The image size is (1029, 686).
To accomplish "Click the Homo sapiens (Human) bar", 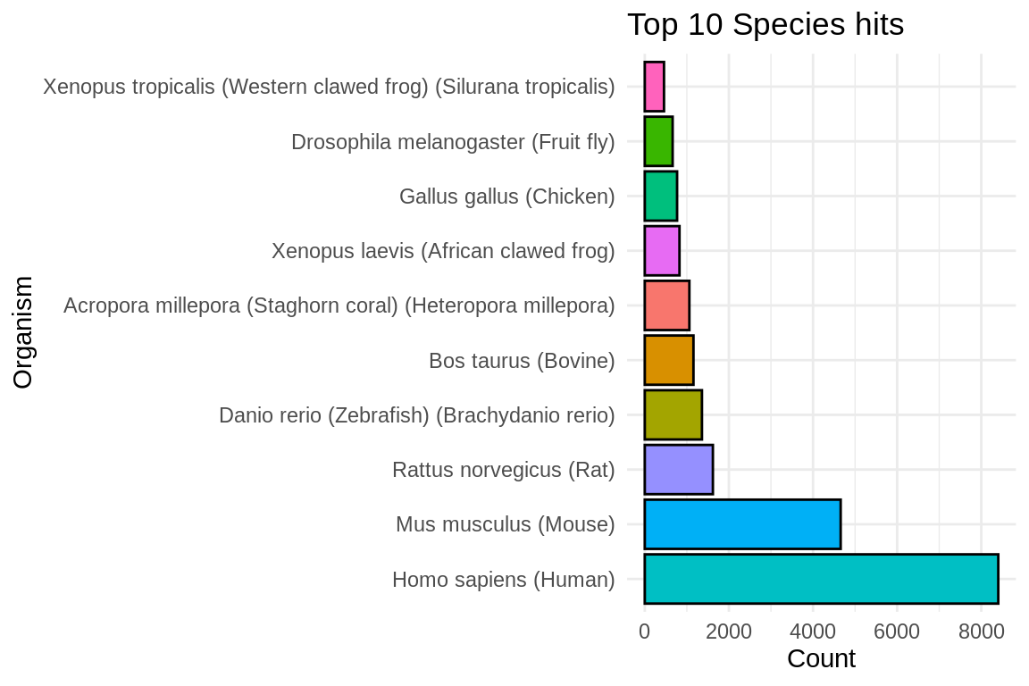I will tap(820, 579).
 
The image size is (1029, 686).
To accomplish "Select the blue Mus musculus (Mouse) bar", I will tap(741, 524).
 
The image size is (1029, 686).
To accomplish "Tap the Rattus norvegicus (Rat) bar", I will tap(678, 470).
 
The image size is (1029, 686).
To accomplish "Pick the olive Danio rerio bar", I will tap(673, 415).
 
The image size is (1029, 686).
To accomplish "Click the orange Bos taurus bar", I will tap(668, 360).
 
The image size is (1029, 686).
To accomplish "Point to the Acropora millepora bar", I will tap(666, 305).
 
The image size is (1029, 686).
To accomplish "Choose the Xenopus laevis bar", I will tap(662, 251).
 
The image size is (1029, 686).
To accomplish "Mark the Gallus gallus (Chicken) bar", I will tap(660, 197).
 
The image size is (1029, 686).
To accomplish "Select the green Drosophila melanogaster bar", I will tap(658, 141).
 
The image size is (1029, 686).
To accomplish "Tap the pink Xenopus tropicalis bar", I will tap(654, 87).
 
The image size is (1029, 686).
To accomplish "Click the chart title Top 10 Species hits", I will tap(765, 25).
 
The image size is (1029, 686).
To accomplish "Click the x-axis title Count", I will tap(821, 659).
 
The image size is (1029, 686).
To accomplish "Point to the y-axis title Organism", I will tap(23, 332).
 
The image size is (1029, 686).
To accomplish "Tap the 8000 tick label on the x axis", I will tap(981, 632).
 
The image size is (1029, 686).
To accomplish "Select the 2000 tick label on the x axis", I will tap(728, 632).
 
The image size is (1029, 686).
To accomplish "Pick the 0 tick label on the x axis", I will tap(644, 632).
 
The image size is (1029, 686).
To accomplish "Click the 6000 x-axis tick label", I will tap(897, 632).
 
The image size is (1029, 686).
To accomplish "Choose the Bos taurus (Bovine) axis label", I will tap(522, 361).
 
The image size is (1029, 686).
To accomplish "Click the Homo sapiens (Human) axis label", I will tap(504, 581).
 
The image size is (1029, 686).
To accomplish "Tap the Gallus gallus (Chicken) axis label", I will tap(507, 197).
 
